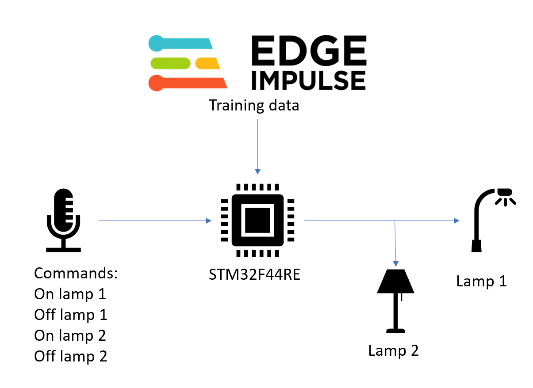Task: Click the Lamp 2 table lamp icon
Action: pos(395,301)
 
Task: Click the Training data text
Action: pos(254,106)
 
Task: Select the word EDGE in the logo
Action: pos(309,50)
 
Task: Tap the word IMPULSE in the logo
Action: pos(309,80)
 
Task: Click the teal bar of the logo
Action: pos(181,43)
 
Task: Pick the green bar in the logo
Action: pos(170,63)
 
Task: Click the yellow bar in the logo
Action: pos(207,63)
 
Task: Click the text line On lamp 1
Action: pos(70,294)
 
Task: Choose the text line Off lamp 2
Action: pos(70,356)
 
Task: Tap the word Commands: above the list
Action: pos(76,273)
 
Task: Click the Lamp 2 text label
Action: pos(393,350)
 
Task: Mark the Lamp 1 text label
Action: pos(481,281)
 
